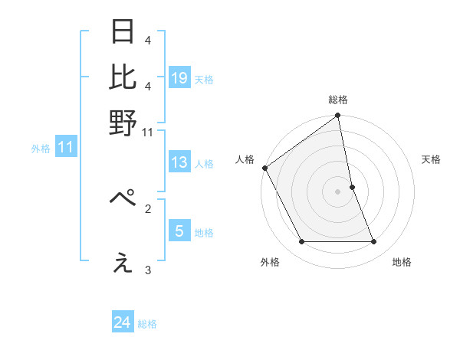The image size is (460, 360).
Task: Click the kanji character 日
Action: coord(123,32)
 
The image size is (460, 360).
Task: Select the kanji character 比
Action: coord(123,77)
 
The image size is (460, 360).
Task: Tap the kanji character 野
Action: coord(123,123)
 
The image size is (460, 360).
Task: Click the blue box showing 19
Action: coord(179,77)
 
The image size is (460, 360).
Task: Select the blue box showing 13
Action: coord(179,162)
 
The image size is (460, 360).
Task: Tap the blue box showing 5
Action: coord(179,231)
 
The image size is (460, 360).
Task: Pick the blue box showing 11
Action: coord(65,147)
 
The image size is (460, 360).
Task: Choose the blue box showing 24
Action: coord(123,322)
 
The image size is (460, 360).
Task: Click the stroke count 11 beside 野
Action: coord(148,133)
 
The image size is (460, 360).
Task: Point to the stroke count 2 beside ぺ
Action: coord(148,208)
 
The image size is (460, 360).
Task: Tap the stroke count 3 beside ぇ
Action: coord(148,270)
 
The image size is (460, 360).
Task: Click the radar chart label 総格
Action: coord(338,100)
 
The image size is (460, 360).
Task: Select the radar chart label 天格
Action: coord(431,159)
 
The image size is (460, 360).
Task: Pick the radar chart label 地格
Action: coord(402,263)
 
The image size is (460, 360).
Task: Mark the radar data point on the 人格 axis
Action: coord(265,168)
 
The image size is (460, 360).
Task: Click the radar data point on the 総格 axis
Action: coord(338,116)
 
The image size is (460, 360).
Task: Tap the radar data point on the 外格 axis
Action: coord(301,242)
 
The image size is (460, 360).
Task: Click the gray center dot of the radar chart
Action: coord(338,191)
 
